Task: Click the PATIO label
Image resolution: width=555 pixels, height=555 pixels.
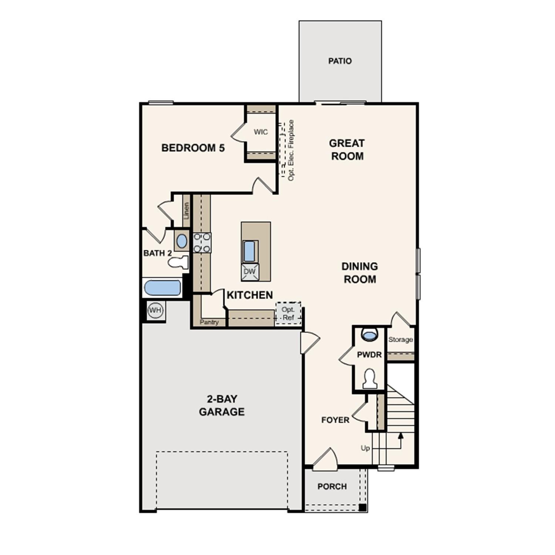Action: coord(340,61)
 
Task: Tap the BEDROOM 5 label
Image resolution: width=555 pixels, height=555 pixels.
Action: coord(193,148)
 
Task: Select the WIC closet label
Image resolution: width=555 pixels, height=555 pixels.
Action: coord(261,132)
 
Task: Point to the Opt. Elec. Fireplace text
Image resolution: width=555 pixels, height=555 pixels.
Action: coord(291,150)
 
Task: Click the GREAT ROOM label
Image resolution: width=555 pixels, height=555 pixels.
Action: coord(347,149)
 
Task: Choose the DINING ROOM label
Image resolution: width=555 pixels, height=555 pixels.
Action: coord(360,273)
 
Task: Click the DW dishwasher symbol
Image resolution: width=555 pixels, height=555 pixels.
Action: coord(250,272)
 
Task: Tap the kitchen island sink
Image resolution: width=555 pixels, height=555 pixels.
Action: coord(250,251)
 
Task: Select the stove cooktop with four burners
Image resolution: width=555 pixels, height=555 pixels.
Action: coord(202,243)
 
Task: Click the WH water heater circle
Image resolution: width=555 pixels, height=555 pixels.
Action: coord(155,310)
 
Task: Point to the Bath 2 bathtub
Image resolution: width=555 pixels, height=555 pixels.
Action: coord(162,288)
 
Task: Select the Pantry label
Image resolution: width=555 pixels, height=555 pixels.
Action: coord(209,322)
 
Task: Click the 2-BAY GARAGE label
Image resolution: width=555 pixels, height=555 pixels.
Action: coord(222,405)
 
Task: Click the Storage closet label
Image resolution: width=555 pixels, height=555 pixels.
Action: coord(400,340)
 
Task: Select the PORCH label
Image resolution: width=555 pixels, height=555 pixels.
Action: coord(332,486)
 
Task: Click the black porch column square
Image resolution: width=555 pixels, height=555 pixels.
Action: coord(363,507)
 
